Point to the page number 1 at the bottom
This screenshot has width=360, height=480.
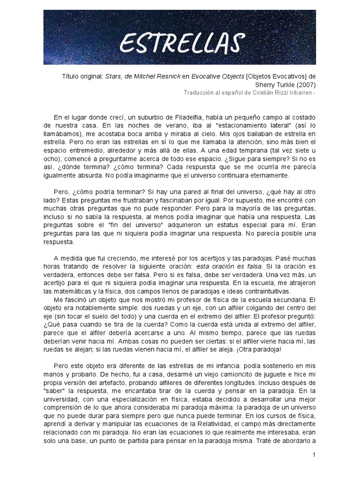(x=313, y=455)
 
